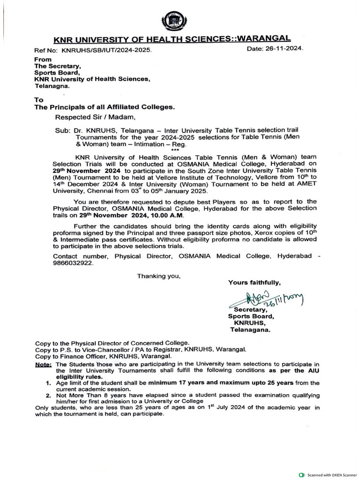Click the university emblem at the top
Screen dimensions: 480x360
173,21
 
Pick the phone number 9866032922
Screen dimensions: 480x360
73,263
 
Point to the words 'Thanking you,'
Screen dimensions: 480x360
158,276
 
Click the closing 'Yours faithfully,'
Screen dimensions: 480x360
255,282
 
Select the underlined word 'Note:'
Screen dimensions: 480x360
44,364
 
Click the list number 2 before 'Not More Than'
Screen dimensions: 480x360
48,395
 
